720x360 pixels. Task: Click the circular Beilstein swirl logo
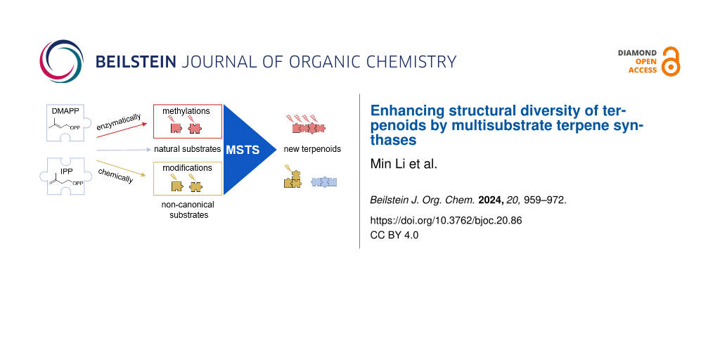pos(62,60)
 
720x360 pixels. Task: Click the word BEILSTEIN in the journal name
pos(136,62)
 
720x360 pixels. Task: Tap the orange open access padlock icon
pos(671,61)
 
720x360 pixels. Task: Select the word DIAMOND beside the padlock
pos(637,53)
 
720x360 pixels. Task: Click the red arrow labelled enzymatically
pos(122,130)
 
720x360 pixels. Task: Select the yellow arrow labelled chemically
pos(121,168)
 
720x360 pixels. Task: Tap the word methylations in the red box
pos(186,111)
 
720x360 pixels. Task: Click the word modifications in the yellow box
pos(187,168)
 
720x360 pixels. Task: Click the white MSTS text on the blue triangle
pos(243,150)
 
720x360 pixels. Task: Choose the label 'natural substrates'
pos(187,149)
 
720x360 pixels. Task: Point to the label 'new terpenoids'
pos(312,149)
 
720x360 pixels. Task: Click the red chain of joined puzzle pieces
pos(309,128)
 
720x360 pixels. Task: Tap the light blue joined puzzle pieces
pos(324,182)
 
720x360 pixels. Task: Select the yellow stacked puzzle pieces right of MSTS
pos(292,179)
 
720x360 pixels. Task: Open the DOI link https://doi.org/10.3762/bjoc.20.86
pos(446,220)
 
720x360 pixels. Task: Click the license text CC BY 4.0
pos(394,235)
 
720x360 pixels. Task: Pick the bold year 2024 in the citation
pos(487,200)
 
